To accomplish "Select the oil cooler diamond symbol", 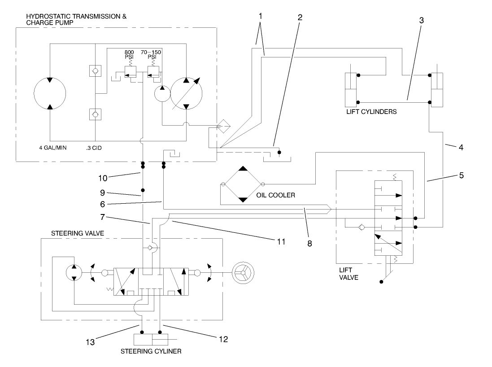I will [243, 184].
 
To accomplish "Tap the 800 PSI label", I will [129, 55].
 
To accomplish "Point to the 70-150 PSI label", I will [152, 55].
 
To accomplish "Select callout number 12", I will [223, 340].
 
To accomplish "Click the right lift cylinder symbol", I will [436, 88].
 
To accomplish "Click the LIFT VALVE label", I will [348, 274].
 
